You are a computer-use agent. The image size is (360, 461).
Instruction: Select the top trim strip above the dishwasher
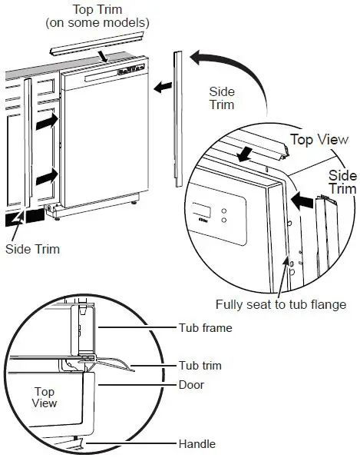click(x=100, y=46)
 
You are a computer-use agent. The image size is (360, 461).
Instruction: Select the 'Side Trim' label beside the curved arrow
click(x=222, y=98)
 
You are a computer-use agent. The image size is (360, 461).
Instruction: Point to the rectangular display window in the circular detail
click(x=201, y=211)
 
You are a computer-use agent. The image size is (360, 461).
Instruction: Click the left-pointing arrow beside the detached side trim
click(x=162, y=88)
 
